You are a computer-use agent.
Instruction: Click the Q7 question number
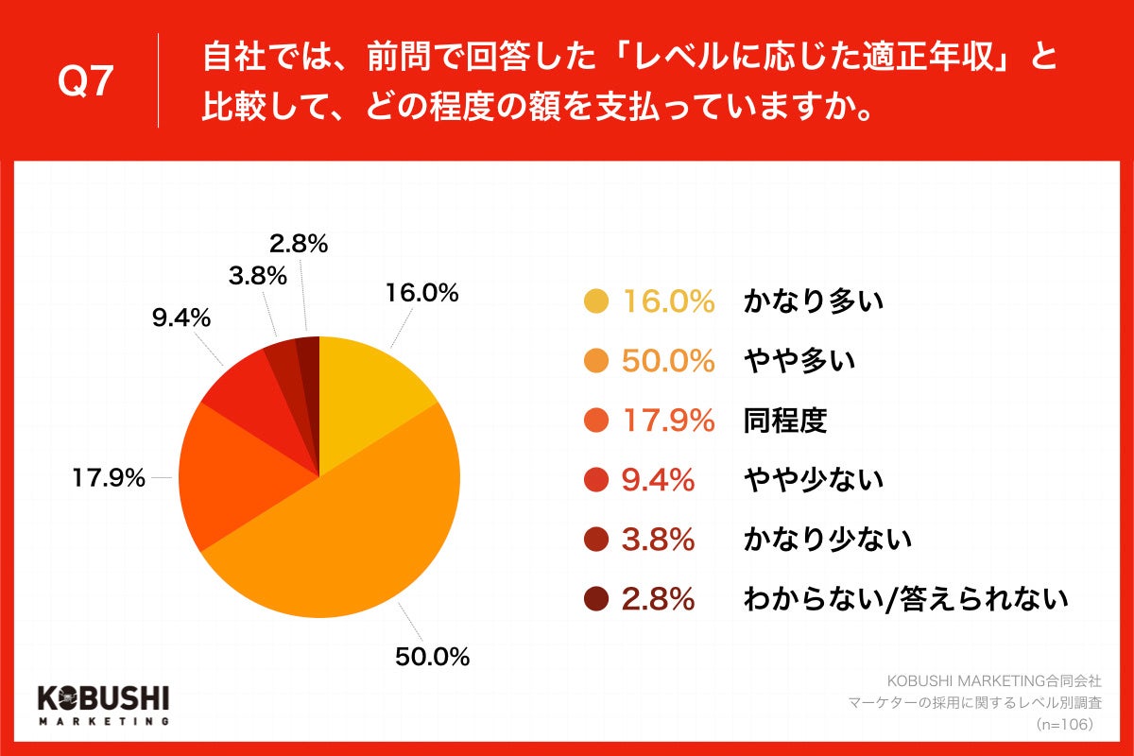(86, 83)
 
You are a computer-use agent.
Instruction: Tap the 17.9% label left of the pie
(109, 478)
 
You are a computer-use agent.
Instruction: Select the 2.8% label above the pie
(299, 245)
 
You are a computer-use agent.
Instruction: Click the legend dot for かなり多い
(596, 302)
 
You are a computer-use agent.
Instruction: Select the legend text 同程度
(784, 421)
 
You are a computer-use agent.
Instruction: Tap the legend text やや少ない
(813, 480)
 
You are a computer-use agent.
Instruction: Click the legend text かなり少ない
(827, 540)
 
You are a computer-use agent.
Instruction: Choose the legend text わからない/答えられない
(905, 599)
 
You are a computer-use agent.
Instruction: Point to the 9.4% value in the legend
(658, 480)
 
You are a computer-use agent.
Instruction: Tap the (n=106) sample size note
(1064, 724)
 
